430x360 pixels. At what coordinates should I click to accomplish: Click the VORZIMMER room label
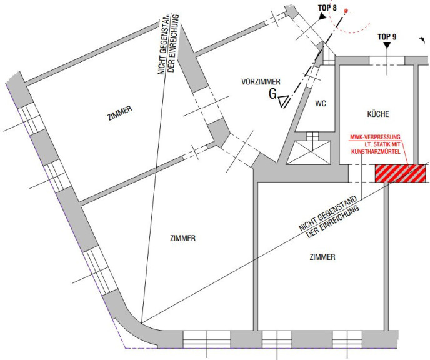pos(261,82)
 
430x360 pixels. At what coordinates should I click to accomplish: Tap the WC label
pos(321,103)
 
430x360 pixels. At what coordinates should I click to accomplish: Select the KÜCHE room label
pos(378,114)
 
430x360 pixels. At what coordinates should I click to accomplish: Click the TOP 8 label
pos(327,7)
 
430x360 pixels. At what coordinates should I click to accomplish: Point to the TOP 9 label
pos(387,37)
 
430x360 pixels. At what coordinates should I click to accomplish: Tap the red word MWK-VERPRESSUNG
pos(375,137)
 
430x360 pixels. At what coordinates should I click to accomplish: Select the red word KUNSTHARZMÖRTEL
pos(376,151)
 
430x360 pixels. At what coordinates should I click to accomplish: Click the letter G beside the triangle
pos(272,94)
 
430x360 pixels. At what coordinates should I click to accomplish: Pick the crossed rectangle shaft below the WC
pos(308,152)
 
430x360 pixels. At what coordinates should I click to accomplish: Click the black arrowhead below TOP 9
pos(387,46)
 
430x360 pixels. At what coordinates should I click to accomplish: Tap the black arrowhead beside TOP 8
pos(322,16)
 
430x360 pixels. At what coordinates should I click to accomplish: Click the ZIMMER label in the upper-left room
pos(120,113)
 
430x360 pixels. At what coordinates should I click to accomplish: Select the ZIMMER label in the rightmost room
pos(322,257)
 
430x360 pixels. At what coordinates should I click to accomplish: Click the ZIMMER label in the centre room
pos(183,238)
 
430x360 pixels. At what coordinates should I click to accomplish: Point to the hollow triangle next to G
pos(283,101)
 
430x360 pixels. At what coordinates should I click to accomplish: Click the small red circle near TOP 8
pos(346,11)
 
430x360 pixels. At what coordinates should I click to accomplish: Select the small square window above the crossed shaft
pos(312,136)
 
